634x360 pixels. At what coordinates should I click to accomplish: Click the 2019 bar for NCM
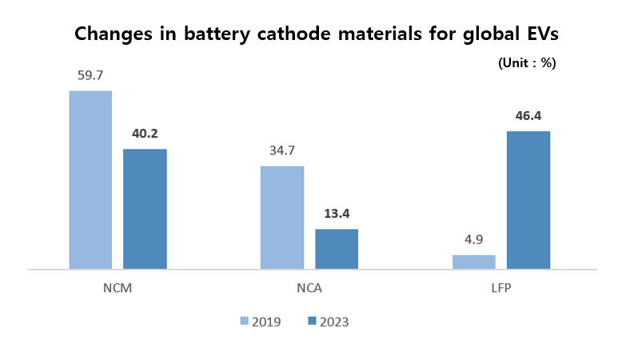(x=90, y=180)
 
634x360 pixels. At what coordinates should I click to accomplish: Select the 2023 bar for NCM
(x=145, y=209)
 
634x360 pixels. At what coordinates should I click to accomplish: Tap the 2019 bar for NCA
(x=282, y=218)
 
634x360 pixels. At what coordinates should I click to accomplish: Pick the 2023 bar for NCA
(x=337, y=249)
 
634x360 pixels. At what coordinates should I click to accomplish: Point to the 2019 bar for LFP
(x=474, y=262)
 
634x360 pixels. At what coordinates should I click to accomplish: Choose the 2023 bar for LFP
(x=528, y=200)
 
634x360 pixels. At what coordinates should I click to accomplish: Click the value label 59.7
(x=90, y=76)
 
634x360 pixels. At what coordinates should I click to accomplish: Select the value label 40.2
(x=146, y=134)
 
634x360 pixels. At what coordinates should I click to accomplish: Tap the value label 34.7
(x=282, y=150)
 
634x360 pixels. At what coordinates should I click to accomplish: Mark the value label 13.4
(x=337, y=214)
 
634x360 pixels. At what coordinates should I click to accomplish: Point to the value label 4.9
(x=474, y=239)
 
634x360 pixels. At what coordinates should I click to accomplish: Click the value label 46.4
(x=528, y=116)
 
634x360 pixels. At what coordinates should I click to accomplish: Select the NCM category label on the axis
(x=118, y=288)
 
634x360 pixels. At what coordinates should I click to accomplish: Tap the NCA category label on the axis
(x=309, y=288)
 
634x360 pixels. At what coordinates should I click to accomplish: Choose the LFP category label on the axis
(x=501, y=288)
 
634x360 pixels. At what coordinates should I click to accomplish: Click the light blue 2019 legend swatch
(x=245, y=322)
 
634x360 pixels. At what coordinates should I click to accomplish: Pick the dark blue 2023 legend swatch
(x=313, y=322)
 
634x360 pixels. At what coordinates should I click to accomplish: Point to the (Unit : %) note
(x=526, y=62)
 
